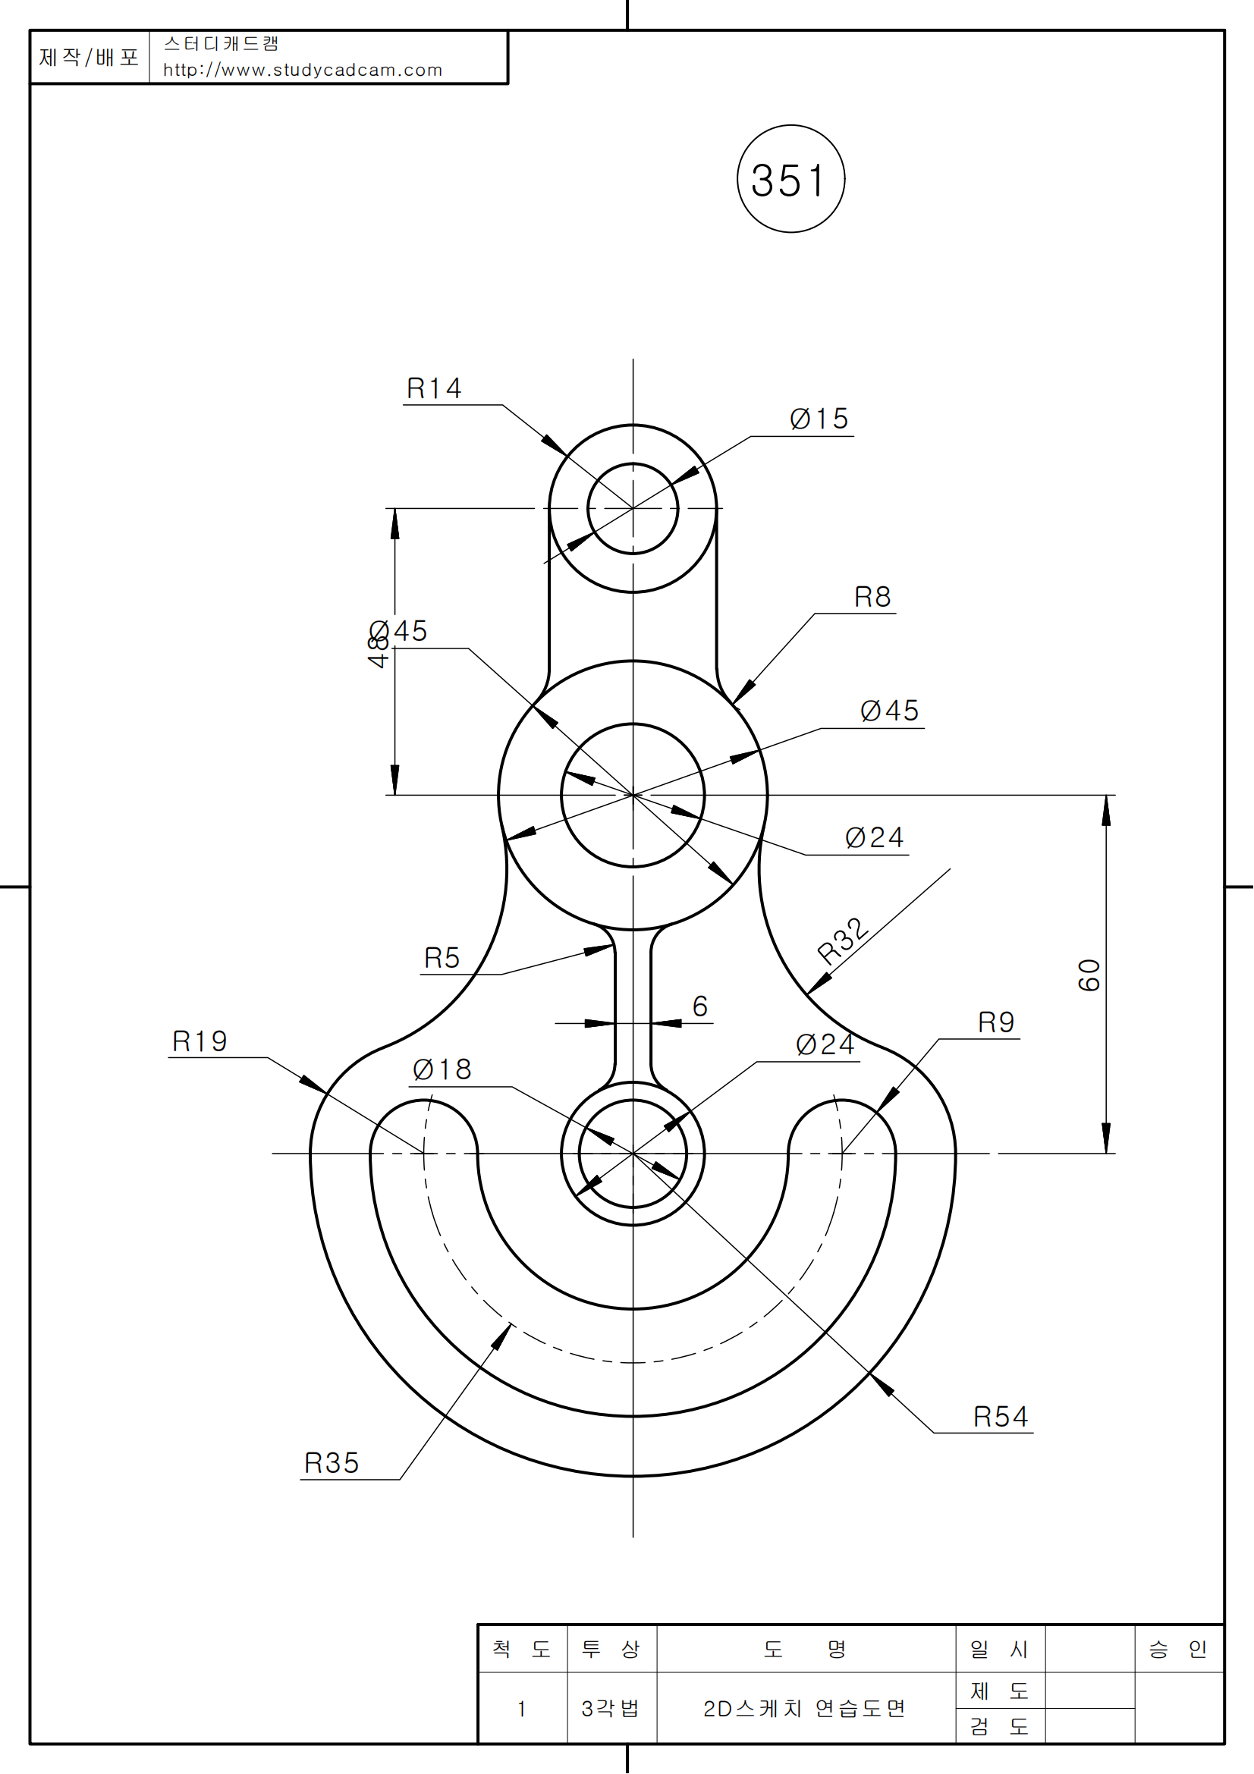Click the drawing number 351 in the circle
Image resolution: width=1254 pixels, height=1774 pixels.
pyautogui.click(x=790, y=180)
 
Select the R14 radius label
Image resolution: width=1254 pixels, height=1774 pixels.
pyautogui.click(x=433, y=388)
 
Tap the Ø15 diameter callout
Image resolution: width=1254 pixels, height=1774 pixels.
pyautogui.click(x=819, y=419)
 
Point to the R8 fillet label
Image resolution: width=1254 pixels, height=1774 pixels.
pyautogui.click(x=872, y=596)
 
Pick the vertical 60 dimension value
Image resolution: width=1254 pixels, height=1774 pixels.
pyautogui.click(x=1089, y=975)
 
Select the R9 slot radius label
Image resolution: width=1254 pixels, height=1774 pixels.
pyautogui.click(x=996, y=1022)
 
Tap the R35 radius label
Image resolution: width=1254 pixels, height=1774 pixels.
pyautogui.click(x=332, y=1462)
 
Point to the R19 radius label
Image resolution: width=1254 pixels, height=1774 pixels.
pyautogui.click(x=200, y=1041)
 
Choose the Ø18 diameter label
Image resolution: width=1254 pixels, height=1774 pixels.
pyautogui.click(x=442, y=1069)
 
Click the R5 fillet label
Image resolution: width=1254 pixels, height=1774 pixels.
pyautogui.click(x=442, y=958)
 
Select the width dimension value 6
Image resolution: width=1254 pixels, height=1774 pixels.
pyautogui.click(x=700, y=1006)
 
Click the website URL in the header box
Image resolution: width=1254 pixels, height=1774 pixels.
pyautogui.click(x=302, y=71)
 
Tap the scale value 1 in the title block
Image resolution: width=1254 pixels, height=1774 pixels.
pyautogui.click(x=521, y=1708)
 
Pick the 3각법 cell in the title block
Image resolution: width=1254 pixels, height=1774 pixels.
pyautogui.click(x=611, y=1708)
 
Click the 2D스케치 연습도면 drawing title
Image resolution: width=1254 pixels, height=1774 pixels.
pyautogui.click(x=804, y=1708)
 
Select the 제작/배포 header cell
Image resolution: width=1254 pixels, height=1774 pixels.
pyautogui.click(x=89, y=57)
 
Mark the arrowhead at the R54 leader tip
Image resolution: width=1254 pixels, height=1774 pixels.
pyautogui.click(x=881, y=1385)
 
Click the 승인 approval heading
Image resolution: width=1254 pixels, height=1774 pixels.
pyautogui.click(x=1177, y=1650)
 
